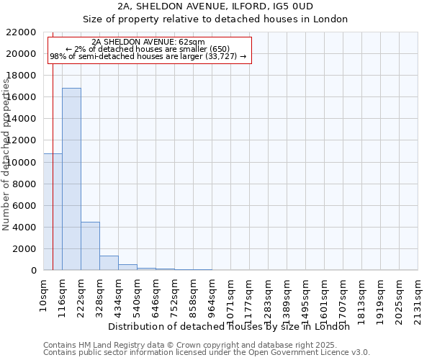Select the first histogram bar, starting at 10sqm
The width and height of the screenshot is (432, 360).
click(53, 212)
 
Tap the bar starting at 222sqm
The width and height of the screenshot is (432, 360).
click(90, 246)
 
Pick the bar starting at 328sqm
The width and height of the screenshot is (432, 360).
click(109, 263)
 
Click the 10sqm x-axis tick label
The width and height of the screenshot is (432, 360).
click(44, 294)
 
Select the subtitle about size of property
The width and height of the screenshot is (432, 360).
click(215, 19)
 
